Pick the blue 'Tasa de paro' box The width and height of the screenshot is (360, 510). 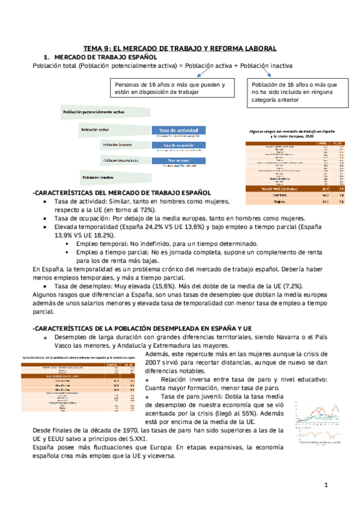[x=178, y=161]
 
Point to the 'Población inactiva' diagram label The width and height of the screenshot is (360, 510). [x=99, y=177]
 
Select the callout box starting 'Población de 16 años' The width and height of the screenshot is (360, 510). [x=294, y=93]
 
